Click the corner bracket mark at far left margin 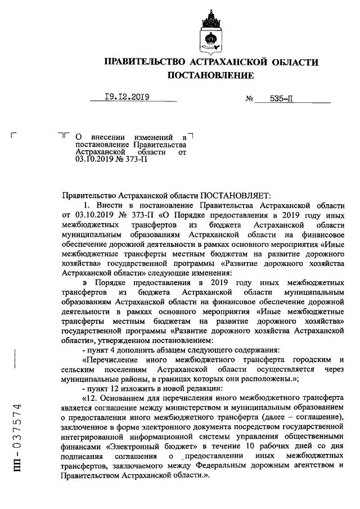tap(14, 135)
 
